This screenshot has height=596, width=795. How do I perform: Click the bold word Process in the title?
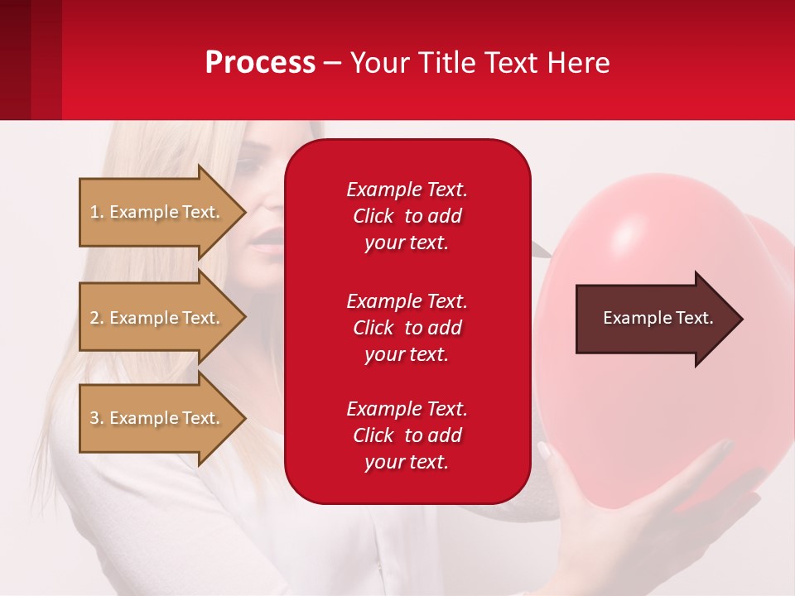pos(260,63)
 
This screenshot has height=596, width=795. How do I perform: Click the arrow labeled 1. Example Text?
pos(157,212)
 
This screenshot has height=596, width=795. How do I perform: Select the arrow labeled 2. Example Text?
pos(157,318)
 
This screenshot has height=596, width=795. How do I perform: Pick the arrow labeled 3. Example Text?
pos(157,418)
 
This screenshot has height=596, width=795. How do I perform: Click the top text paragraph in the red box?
pos(407,216)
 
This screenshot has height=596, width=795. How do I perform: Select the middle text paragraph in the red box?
pos(407,328)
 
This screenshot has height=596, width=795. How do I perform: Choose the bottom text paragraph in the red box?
pos(407,435)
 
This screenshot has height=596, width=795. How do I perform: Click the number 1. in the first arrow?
pos(97,212)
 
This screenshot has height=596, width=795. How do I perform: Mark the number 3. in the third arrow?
pos(97,418)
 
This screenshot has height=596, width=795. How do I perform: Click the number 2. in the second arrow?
pos(97,318)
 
